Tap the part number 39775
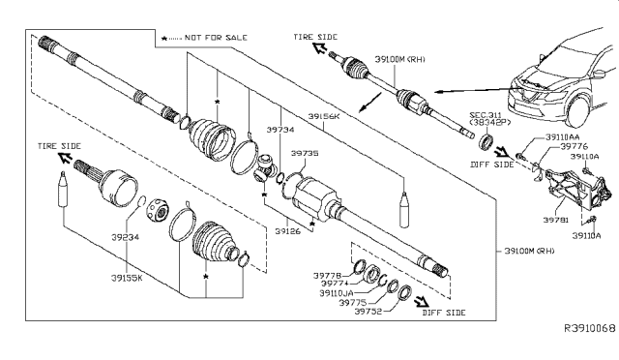354,301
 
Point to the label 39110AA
553,138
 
